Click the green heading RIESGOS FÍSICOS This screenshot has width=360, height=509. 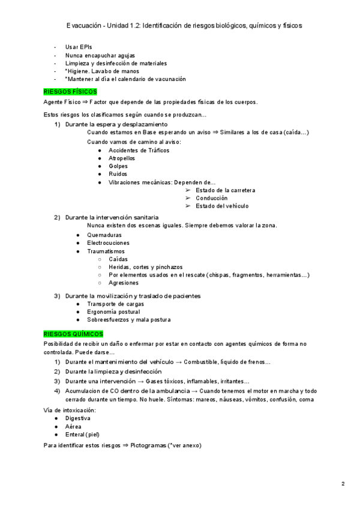pos(70,92)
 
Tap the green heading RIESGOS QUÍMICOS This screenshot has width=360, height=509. pos(74,334)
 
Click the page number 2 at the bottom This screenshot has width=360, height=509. pos(343,484)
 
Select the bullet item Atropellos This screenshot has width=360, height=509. pos(122,158)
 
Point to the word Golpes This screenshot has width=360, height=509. pos(118,166)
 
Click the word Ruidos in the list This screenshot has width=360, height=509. pos(118,174)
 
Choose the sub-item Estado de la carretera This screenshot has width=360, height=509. pos(226,190)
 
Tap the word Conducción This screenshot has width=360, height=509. pos(212,198)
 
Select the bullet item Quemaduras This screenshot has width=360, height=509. pos(104,235)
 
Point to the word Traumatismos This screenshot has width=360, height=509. pos(106,251)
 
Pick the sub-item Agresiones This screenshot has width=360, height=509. pos(124,283)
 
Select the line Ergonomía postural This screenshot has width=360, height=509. pos(113,312)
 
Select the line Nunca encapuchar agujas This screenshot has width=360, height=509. pos(96,55)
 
